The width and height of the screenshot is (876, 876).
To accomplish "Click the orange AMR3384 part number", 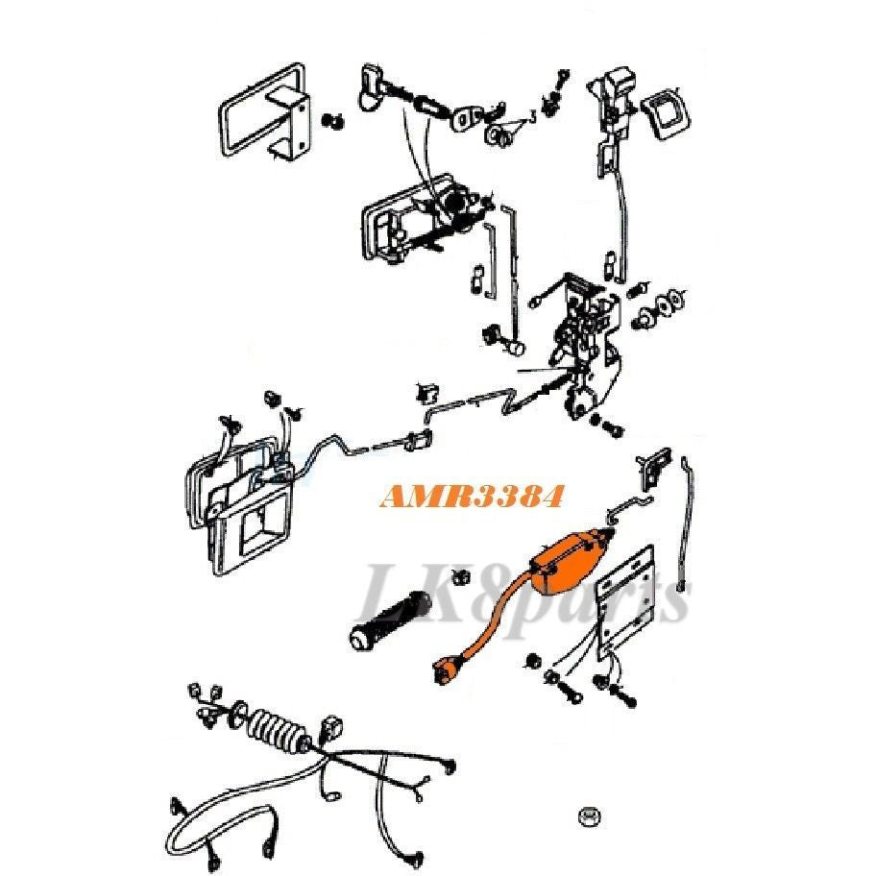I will click(x=470, y=496).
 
